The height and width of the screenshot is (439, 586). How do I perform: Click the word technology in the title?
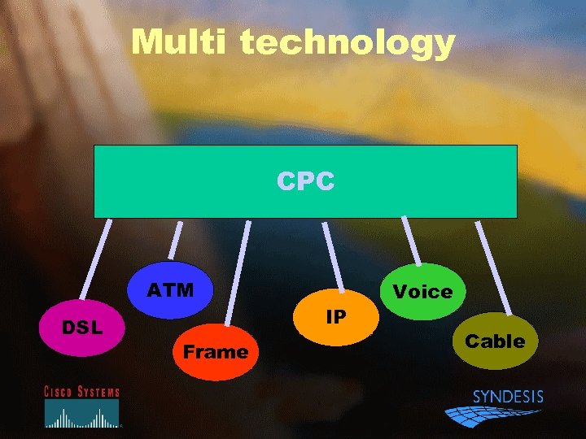pos(348,43)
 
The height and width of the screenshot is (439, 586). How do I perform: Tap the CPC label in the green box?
pos(305,181)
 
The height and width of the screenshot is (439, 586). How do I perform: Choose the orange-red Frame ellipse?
pos(216,352)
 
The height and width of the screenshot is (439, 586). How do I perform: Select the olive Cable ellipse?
pos(495,341)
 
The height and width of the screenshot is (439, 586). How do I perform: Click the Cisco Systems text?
pos(81,392)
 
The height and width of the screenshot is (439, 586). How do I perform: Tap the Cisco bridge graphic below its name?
pos(81,415)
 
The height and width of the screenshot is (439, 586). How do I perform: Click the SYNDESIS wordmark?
pos(508,397)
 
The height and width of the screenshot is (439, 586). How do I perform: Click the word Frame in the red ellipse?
pos(215,352)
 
